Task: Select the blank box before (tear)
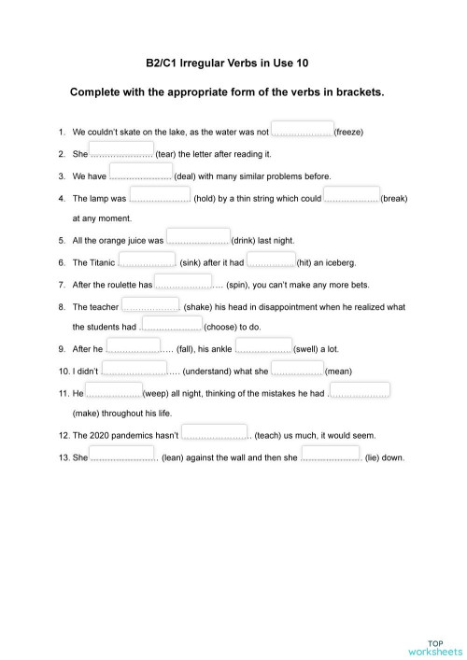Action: (x=121, y=151)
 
